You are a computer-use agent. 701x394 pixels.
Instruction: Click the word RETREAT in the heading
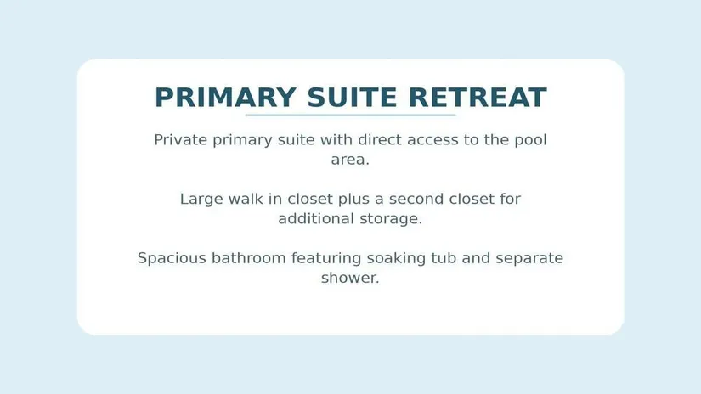(478, 98)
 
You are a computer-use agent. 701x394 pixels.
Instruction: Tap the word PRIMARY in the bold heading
(225, 98)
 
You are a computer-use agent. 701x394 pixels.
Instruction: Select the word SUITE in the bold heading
(353, 98)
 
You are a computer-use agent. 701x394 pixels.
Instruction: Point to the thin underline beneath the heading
(350, 115)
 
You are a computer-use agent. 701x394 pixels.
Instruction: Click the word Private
(181, 140)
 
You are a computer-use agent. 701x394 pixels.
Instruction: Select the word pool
(531, 140)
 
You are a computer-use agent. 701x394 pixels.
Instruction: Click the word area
(350, 160)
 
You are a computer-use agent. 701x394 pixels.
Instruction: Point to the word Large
(201, 200)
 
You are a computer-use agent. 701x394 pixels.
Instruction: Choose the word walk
(246, 199)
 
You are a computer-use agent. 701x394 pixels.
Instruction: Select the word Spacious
(172, 258)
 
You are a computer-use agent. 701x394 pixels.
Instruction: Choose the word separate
(529, 259)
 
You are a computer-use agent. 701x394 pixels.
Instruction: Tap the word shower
(350, 278)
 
